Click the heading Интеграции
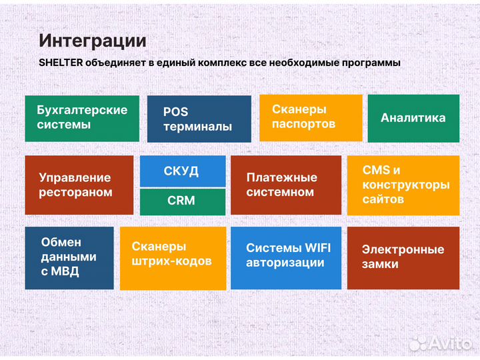(92, 40)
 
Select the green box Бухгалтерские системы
(82, 118)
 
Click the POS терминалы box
(199, 119)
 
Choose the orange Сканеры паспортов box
(311, 117)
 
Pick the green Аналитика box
(413, 118)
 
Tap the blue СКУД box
(181, 171)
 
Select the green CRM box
(181, 201)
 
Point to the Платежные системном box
(285, 185)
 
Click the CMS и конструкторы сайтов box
(403, 185)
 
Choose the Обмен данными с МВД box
(69, 257)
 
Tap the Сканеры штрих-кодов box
(172, 257)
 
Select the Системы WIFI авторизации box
(285, 257)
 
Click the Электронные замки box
(403, 257)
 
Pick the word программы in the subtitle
(367, 63)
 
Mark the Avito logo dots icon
(418, 343)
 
